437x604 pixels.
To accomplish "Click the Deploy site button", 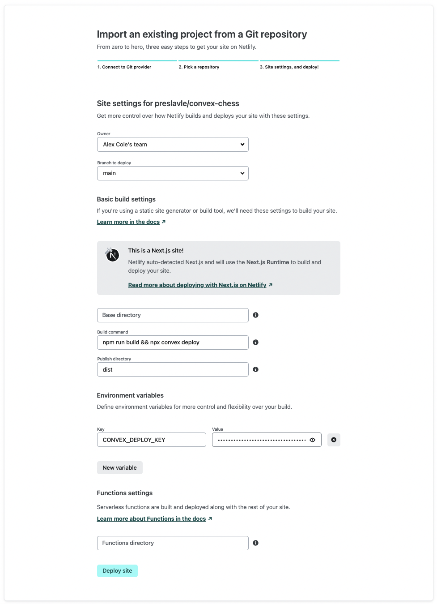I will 117,571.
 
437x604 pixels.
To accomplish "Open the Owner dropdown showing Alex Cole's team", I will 173,145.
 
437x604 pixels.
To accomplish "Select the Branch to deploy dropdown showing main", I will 173,173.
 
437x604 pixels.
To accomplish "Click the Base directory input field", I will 173,315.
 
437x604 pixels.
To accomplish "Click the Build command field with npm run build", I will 173,343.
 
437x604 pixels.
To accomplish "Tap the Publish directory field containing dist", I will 173,370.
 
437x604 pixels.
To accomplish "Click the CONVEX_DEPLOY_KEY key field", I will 151,440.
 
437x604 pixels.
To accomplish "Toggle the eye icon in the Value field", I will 313,440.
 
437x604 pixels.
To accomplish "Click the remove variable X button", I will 334,440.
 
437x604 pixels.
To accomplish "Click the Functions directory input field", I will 173,543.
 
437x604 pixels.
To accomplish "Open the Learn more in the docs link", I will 128,222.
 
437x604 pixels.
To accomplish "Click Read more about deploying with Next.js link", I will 197,285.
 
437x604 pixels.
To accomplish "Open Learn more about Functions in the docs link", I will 152,519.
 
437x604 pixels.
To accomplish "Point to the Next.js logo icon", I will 112,255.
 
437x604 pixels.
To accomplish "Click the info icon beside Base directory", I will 256,315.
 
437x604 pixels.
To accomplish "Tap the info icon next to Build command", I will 256,343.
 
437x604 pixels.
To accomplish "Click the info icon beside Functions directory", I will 256,543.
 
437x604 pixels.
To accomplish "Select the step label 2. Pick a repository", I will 199,67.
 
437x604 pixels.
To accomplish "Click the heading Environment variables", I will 130,395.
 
